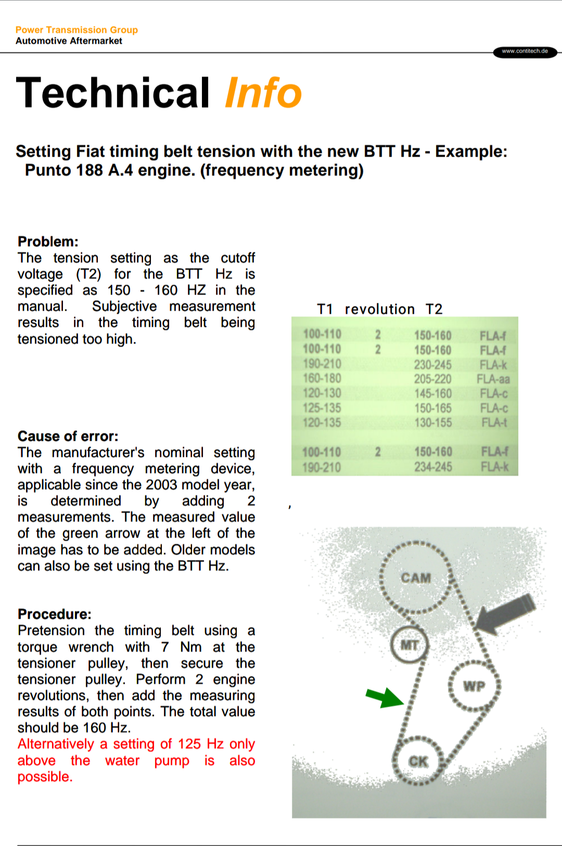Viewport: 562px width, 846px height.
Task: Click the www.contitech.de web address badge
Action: point(525,52)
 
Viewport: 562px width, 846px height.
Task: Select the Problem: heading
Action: point(48,241)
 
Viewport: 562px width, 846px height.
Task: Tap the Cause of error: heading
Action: point(68,436)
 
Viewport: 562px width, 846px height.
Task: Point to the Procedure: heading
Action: point(54,614)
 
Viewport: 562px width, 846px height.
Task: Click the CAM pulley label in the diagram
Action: point(416,578)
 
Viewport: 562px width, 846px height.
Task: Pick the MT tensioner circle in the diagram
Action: point(410,645)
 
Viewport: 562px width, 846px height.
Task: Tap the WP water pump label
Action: point(474,686)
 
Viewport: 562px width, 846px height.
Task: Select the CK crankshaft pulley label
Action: point(418,762)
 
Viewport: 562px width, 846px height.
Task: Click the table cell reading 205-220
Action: point(432,379)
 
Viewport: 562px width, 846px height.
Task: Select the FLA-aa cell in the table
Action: point(493,379)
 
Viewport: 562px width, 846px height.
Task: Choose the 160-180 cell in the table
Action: point(322,378)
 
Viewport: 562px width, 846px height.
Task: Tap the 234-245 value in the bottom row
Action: point(433,467)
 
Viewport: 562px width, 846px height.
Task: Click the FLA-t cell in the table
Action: point(494,422)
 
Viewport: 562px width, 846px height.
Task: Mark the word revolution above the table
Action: point(379,310)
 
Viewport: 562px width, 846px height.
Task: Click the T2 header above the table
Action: point(434,310)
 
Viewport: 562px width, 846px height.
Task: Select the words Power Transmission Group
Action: point(76,30)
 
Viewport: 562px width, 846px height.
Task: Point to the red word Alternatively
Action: point(56,744)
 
